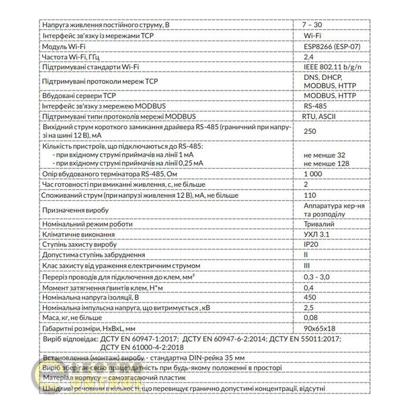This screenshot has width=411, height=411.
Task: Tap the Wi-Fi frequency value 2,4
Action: coord(307,58)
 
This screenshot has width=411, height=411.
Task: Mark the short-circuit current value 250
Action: coord(311,132)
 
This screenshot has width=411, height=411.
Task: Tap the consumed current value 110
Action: coord(310,195)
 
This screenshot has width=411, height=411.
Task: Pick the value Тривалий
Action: coord(319,224)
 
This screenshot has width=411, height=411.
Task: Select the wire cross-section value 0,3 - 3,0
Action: coord(318,277)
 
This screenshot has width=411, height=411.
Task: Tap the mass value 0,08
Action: coord(311,319)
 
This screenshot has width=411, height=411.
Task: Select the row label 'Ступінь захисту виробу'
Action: coord(80,245)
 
